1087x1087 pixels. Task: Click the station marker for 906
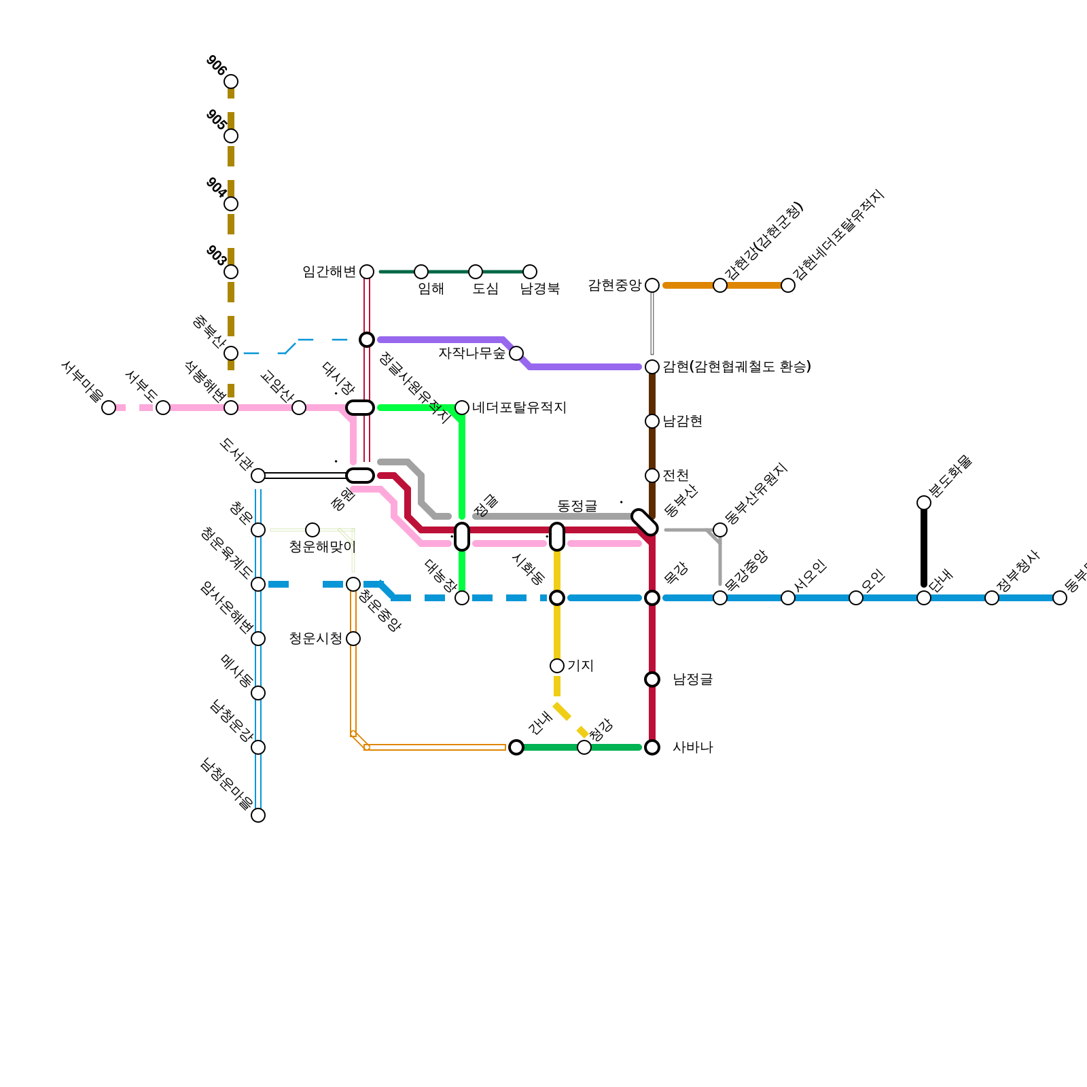[x=231, y=82]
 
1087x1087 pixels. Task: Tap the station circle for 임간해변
[x=367, y=272]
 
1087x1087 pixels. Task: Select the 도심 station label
[x=485, y=289]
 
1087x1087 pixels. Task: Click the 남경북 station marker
[x=530, y=272]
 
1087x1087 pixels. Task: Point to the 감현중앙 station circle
[x=652, y=285]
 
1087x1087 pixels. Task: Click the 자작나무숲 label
[x=471, y=353]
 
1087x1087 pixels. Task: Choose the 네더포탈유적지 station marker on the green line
[x=462, y=408]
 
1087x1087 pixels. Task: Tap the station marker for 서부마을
[x=109, y=408]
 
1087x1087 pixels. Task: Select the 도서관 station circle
[x=258, y=476]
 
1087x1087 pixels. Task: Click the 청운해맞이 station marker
[x=313, y=530]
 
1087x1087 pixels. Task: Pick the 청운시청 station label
[x=316, y=639]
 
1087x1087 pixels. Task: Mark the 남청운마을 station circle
[x=258, y=815]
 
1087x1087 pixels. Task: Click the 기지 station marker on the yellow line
[x=557, y=666]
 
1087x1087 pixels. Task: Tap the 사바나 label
[x=693, y=748]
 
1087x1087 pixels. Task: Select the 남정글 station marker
[x=652, y=679]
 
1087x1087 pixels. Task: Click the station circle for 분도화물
[x=924, y=503]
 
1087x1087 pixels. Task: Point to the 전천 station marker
[x=652, y=476]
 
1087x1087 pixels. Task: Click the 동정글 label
[x=577, y=506]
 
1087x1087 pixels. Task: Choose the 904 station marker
[x=231, y=204]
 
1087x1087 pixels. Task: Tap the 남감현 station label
[x=682, y=421]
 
